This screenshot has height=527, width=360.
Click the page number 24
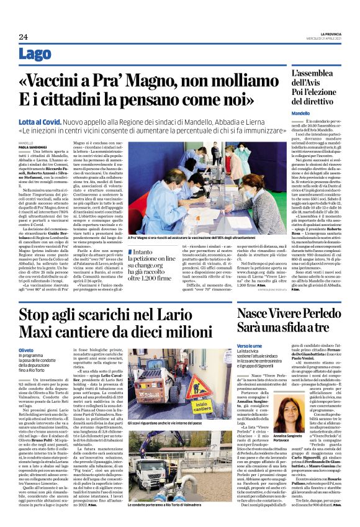click(x=23, y=37)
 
